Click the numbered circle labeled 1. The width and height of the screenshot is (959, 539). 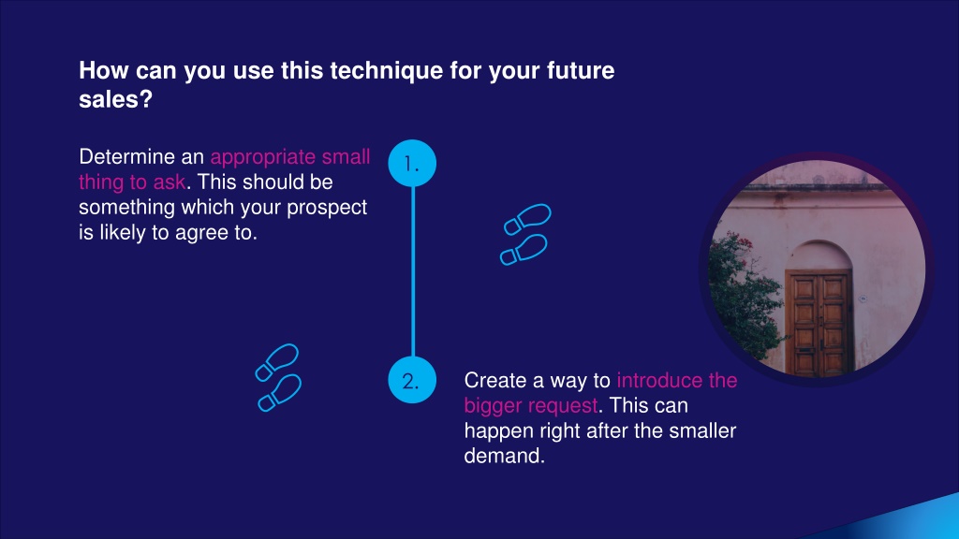pos(412,163)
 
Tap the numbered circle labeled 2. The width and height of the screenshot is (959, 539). pos(412,380)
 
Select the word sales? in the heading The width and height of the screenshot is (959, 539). pos(115,99)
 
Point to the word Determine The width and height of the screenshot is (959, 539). pos(127,157)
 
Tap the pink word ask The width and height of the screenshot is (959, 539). pos(170,182)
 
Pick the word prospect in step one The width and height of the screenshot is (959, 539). pos(327,209)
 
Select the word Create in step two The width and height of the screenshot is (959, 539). pos(494,381)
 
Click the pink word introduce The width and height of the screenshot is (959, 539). pos(659,381)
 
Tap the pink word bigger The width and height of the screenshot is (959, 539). pos(493,407)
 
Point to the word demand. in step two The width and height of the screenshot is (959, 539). pos(505,456)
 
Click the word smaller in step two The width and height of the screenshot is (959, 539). pos(702,430)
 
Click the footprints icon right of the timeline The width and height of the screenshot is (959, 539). pos(526,235)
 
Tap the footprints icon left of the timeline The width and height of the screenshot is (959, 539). pos(278,377)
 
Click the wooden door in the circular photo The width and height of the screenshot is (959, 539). pos(819,322)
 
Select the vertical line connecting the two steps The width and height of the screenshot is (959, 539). pos(413,271)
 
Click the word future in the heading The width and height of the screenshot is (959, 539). pos(581,71)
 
